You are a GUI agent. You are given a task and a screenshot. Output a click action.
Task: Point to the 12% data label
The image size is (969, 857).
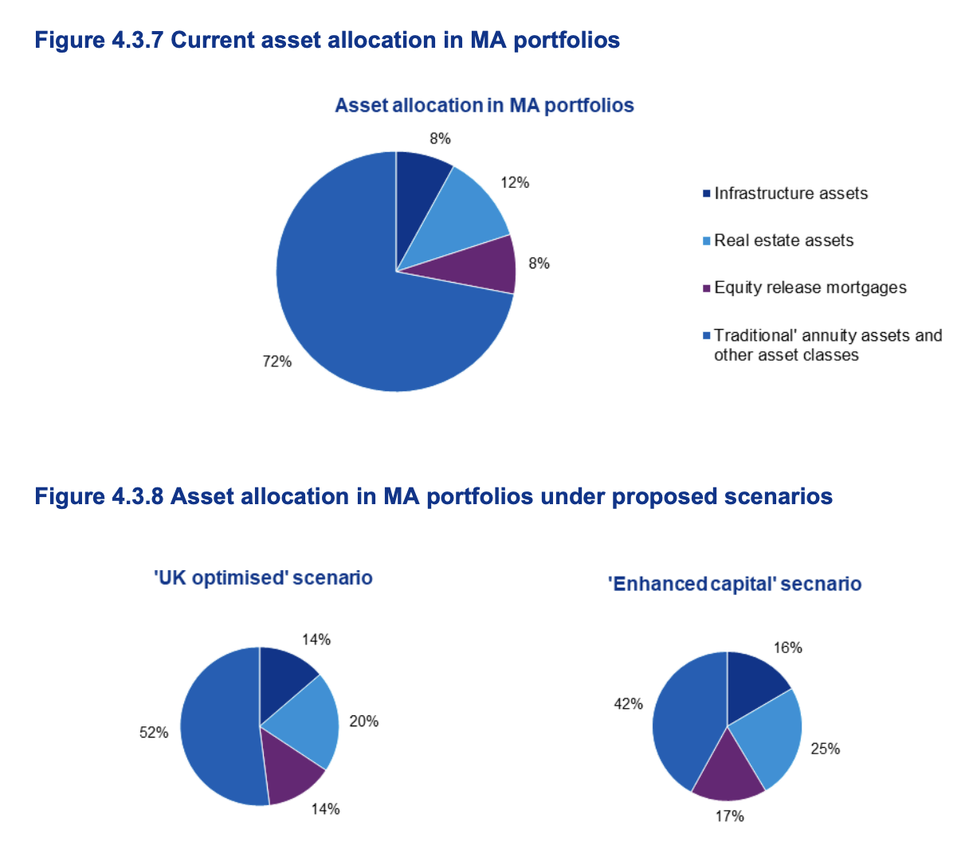pos(515,182)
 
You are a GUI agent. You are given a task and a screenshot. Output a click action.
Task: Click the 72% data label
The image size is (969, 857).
pos(277,362)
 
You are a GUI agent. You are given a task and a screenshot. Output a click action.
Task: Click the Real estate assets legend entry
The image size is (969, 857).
pos(783,241)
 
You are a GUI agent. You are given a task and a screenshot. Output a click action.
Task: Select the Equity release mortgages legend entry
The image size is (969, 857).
pos(810,288)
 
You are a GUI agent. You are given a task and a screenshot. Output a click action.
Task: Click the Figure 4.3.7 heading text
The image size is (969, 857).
pos(327,40)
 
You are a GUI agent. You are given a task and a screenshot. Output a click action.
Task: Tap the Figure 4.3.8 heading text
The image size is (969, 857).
pos(433,496)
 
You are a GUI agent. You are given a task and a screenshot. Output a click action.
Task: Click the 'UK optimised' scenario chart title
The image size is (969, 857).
pos(263,577)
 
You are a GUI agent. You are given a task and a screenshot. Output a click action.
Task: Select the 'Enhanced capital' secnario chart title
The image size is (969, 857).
pos(735,584)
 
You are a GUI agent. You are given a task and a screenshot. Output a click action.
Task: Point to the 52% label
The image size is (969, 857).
pos(154,732)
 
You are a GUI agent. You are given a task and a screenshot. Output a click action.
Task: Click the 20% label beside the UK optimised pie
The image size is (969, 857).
pos(364,722)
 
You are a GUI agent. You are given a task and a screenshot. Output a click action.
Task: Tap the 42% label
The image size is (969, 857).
pos(628,703)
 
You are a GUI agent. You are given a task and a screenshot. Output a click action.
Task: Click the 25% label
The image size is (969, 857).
pos(826,749)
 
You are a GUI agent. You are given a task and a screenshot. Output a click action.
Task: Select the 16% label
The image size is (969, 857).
pos(788,648)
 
